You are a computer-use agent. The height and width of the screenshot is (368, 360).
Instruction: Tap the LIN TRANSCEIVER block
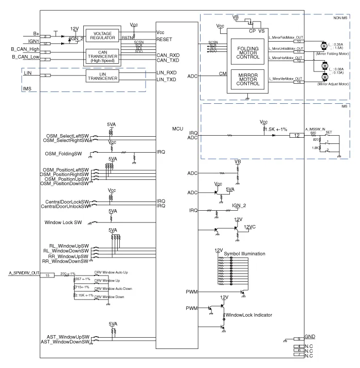point(102,76)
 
